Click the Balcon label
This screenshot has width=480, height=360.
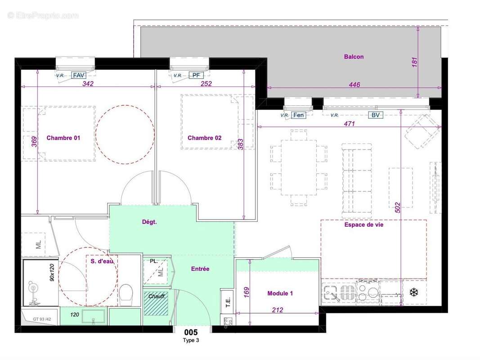[x=354, y=57]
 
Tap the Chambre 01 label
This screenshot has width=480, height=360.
[x=63, y=138]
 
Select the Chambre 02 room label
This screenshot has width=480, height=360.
[x=204, y=138]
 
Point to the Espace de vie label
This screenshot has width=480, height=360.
[x=363, y=225]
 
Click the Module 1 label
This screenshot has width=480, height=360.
[x=280, y=293]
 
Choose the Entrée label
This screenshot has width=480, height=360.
[x=200, y=269]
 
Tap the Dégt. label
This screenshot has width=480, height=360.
[x=149, y=222]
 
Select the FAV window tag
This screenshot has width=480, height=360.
[x=79, y=76]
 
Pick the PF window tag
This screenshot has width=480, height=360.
[x=196, y=76]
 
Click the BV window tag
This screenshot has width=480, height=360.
[x=376, y=115]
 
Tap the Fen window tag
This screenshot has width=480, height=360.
[x=298, y=115]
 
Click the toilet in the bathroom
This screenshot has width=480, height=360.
[x=126, y=294]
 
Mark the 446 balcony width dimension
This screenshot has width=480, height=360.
[x=354, y=85]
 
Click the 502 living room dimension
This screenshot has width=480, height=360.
[x=397, y=207]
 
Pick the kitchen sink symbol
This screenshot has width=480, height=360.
[x=332, y=293]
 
